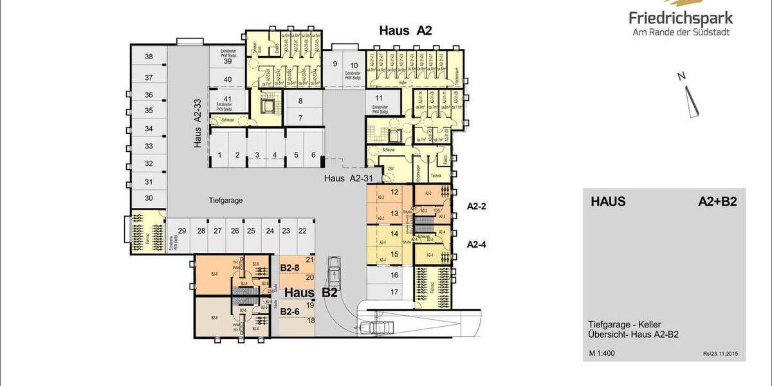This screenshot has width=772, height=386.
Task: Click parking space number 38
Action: (149, 57)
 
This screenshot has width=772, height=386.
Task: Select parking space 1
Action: (219, 155)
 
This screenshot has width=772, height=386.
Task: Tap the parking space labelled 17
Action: (394, 291)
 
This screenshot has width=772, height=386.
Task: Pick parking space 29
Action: (182, 231)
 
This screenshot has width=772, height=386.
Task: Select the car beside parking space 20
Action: (335, 272)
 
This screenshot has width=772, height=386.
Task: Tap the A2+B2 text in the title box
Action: (717, 202)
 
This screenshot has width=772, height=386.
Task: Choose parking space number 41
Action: (227, 98)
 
